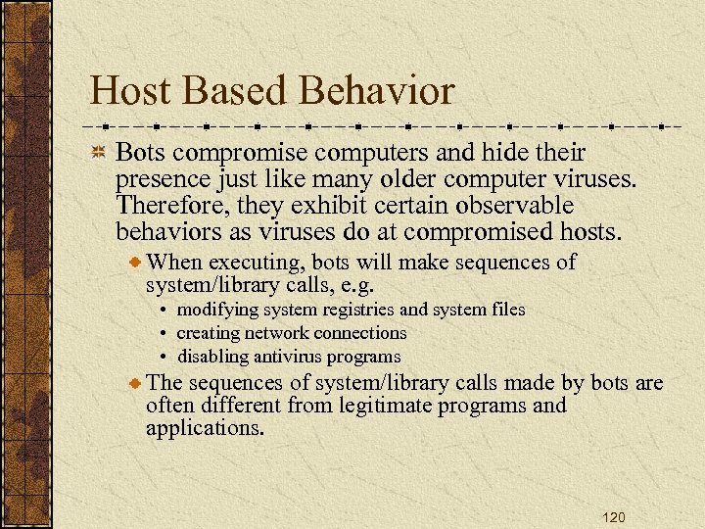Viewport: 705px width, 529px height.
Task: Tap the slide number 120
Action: [614, 517]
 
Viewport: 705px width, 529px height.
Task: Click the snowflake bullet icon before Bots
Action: [98, 154]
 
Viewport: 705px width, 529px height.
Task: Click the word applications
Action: [205, 428]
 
